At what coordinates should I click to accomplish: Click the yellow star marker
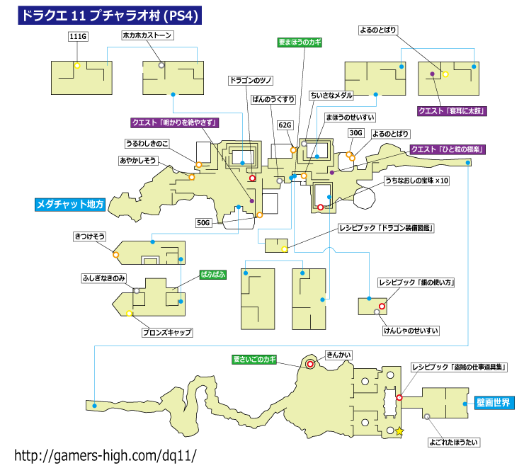(399, 431)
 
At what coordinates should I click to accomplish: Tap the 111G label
(78, 36)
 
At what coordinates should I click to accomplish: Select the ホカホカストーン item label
(147, 35)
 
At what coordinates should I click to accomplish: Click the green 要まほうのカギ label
(300, 42)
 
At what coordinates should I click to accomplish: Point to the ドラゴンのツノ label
(251, 81)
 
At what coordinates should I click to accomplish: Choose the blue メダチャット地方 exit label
(70, 205)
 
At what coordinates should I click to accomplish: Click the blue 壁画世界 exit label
(494, 403)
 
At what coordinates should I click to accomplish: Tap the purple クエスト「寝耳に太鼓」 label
(452, 111)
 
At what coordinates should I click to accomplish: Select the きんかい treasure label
(338, 355)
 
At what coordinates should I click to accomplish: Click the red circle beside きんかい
(310, 364)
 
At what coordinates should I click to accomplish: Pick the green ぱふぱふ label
(213, 275)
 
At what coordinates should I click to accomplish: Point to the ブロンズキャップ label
(167, 332)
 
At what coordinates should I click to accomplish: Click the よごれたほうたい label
(454, 443)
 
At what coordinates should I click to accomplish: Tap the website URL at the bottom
(106, 455)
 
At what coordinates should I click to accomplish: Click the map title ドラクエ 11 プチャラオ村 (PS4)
(110, 16)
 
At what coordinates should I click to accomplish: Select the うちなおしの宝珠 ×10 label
(417, 181)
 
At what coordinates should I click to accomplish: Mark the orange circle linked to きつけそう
(116, 255)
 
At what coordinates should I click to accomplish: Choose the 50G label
(203, 223)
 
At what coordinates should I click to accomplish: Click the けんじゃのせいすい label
(411, 331)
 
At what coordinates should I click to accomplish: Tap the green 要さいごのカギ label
(254, 360)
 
